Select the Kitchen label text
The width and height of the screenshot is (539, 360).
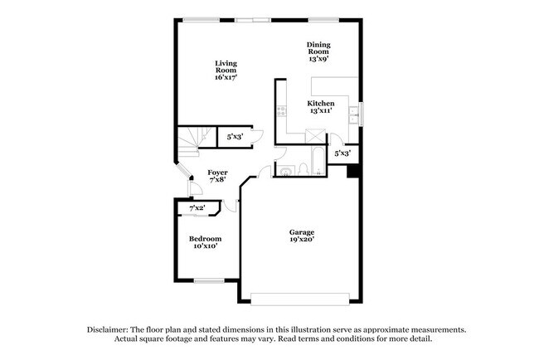[x=320, y=104]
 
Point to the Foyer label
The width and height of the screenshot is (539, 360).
[x=217, y=173]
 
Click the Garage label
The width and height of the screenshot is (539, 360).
[x=302, y=232]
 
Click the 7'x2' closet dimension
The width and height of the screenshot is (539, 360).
[x=197, y=208]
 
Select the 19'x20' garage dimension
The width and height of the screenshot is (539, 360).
[x=302, y=240]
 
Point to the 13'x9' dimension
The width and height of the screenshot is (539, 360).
[x=319, y=60]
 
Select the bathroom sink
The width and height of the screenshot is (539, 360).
[x=286, y=171]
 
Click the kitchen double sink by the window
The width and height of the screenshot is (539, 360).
[x=353, y=114]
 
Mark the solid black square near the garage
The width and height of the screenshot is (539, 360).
[x=352, y=172]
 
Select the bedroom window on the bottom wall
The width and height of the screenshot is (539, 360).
[x=209, y=281]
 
